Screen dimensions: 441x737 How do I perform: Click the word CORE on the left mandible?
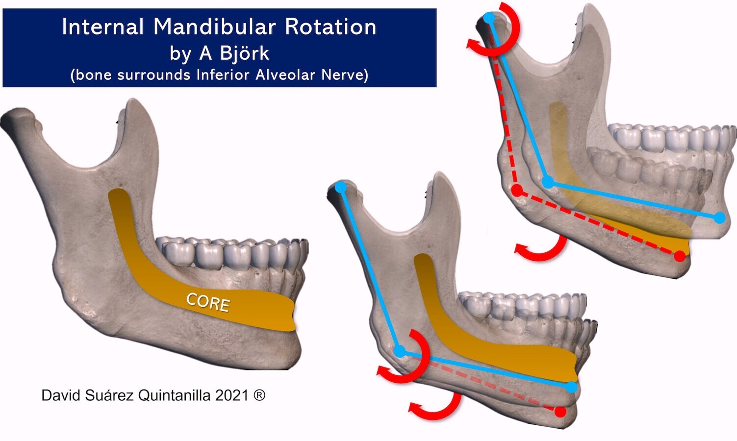208,302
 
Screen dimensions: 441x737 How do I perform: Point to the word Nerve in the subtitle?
344,75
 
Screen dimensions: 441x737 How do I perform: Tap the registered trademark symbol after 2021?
259,395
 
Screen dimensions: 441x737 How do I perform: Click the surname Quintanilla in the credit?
174,395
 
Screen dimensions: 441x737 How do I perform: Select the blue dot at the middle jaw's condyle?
341,187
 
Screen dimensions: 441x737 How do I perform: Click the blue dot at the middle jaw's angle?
400,351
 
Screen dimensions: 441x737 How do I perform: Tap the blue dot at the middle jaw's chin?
571,387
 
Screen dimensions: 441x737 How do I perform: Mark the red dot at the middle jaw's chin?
560,412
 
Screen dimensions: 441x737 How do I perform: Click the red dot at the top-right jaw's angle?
516,191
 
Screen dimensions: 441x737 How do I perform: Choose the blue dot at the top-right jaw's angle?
549,182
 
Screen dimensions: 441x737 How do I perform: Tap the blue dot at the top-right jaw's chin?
720,218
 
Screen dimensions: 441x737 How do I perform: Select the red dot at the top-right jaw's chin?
680,256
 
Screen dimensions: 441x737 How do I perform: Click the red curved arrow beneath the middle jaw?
436,410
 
